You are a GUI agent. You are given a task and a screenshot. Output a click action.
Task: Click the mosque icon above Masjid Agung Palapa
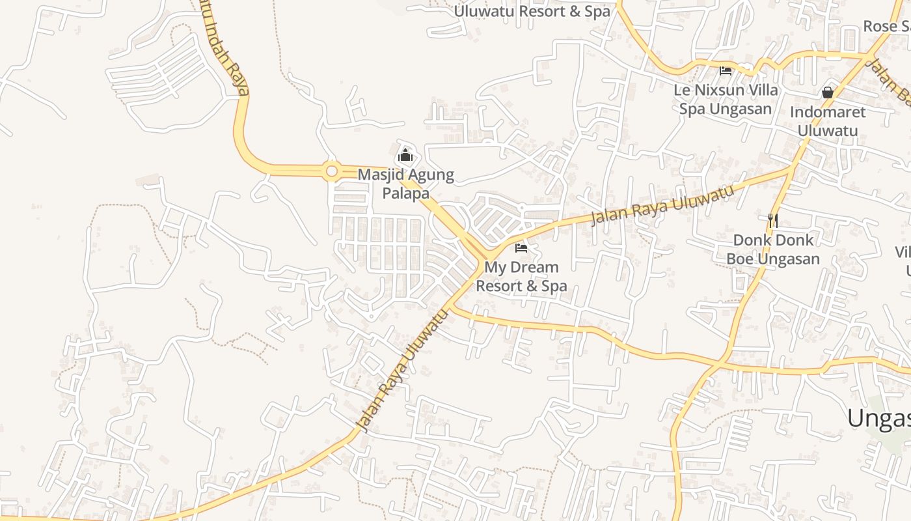tap(405, 156)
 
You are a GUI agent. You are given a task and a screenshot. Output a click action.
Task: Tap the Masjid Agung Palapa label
tap(405, 184)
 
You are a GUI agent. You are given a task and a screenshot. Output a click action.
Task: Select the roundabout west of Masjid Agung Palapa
tap(331, 171)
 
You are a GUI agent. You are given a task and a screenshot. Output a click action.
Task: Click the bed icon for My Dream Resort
tap(521, 247)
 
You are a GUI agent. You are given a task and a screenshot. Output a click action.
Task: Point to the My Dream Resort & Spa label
tap(521, 277)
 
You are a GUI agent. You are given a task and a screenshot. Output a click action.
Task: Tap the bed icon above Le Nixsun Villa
tap(726, 70)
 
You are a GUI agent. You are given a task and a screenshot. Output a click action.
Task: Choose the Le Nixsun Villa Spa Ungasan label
tap(726, 99)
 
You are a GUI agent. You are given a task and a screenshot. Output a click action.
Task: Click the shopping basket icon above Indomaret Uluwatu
tap(828, 92)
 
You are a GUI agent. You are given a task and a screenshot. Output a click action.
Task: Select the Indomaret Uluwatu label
tap(828, 121)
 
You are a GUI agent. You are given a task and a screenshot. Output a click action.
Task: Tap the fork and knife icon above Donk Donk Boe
tap(773, 221)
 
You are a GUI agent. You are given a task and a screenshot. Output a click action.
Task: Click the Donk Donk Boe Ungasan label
tap(773, 249)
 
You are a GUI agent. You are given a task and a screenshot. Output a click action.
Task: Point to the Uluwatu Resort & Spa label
tap(532, 11)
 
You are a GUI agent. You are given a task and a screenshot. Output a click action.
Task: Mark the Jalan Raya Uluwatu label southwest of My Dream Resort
tap(403, 371)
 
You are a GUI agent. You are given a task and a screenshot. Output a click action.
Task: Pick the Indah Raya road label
tap(224, 49)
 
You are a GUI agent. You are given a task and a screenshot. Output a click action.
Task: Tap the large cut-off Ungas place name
tap(878, 417)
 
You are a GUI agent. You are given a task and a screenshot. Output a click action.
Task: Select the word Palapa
tap(405, 193)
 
